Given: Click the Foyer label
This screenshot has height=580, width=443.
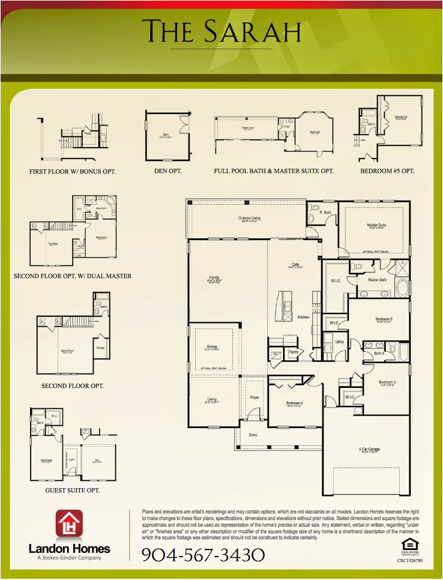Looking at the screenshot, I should point(255,397).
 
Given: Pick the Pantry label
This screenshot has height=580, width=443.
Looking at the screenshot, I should point(294,352).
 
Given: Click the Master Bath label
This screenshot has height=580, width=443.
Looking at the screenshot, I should point(377,279).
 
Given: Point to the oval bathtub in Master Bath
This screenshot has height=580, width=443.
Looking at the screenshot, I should point(402,288).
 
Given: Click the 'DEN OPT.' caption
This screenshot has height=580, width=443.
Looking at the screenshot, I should point(164,171).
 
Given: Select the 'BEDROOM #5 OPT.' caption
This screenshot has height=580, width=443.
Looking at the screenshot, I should point(387,171).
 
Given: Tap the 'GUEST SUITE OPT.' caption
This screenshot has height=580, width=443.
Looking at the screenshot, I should point(72,491).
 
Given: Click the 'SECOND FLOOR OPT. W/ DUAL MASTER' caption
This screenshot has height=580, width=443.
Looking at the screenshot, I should point(73,276).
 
